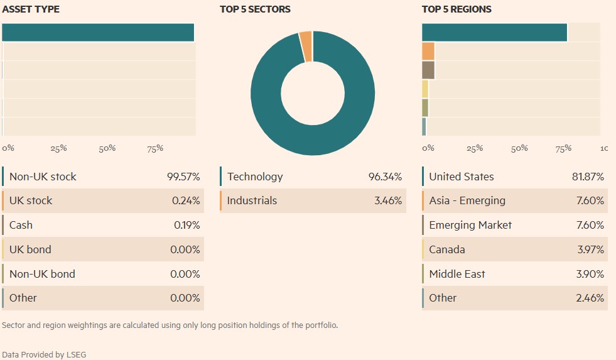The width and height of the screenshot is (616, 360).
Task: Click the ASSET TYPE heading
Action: pos(31,9)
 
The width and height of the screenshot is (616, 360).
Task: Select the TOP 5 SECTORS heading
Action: pos(255,9)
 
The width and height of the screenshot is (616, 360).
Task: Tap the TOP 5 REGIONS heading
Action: pos(457,9)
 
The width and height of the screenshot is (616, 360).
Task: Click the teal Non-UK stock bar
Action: pos(98,33)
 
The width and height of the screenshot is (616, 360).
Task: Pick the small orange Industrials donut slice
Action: pos(306,46)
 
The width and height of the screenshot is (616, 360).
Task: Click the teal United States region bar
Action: pos(495,33)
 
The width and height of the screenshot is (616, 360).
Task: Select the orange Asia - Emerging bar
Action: pos(428,51)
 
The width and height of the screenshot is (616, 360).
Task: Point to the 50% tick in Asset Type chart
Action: pos(107,148)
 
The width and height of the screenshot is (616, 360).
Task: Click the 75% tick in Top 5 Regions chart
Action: pos(563,148)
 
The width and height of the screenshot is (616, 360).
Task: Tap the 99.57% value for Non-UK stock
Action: pos(183,177)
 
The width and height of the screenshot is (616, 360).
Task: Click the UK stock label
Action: pos(31,201)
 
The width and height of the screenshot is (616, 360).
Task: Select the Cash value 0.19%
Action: pos(186,226)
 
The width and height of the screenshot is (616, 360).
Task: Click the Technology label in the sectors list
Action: pos(255,177)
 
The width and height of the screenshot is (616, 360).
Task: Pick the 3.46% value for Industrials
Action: pos(387,201)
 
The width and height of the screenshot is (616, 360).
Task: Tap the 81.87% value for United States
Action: pos(588,177)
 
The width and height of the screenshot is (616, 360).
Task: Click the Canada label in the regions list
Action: pos(447,250)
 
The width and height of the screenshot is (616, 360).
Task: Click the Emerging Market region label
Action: pos(470,226)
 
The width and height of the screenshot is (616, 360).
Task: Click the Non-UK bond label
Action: pos(42,275)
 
